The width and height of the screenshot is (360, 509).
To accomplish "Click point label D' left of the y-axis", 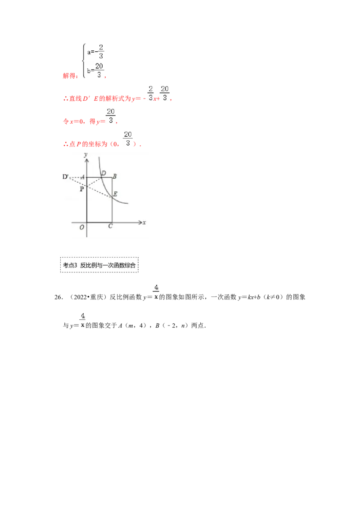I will point(65,177).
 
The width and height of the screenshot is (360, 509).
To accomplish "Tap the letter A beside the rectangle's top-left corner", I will point(83,177).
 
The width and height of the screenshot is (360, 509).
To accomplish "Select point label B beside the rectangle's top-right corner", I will point(115,176).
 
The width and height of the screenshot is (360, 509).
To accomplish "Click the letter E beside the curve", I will point(115,194).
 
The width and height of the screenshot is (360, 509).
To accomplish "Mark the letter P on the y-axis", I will point(82,189).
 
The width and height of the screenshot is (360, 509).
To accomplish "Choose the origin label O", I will point(82,227).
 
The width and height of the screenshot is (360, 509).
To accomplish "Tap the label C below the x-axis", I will point(110,226).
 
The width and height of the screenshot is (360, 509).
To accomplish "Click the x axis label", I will point(144,223).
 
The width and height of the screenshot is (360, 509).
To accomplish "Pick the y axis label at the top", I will point(85,154).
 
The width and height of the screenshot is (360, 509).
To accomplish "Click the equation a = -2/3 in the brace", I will point(96,52).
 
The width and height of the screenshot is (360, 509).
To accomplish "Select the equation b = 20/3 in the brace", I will point(96,70).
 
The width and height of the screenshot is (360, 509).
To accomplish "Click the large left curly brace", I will point(83,61).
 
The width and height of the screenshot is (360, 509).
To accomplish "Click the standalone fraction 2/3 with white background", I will point(150,93).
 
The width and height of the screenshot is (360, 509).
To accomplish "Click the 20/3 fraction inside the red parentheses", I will point(128,139).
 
